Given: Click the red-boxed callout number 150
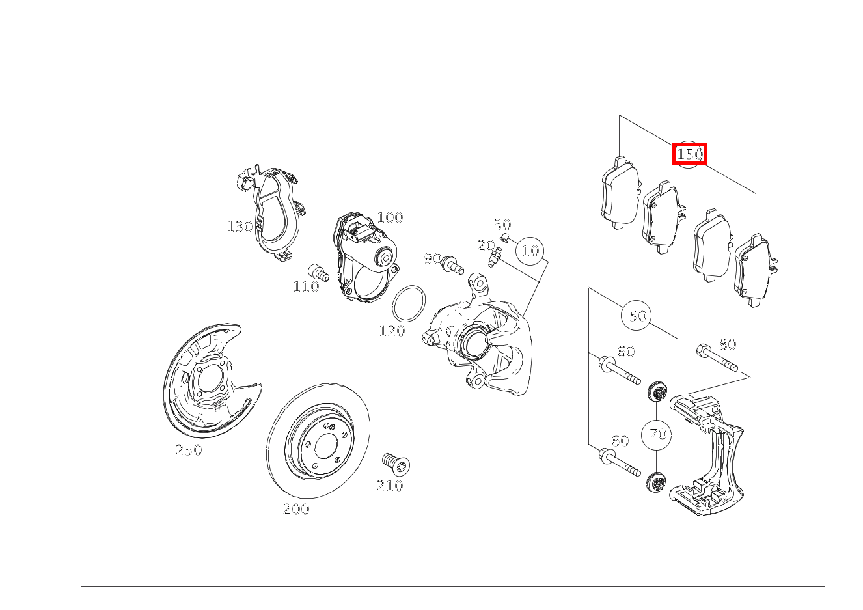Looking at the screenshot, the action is [689, 154].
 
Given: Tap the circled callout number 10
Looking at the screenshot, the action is [530, 251].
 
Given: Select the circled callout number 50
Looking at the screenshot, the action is [637, 315].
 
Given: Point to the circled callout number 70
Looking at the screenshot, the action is [657, 435].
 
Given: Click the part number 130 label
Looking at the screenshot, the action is [240, 227].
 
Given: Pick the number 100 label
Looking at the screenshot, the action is [390, 217].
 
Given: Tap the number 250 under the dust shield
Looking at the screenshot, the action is [188, 450].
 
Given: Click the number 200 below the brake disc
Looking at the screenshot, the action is [296, 509].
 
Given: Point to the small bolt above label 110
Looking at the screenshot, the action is [319, 273].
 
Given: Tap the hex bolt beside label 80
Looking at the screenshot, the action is [717, 357].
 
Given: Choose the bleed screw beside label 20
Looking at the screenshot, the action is [495, 257].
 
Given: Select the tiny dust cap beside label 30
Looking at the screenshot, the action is [505, 238].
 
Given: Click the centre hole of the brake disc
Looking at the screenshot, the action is [326, 446].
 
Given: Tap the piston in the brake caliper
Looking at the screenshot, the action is [475, 342].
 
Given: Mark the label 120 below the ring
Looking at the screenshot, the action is [392, 331].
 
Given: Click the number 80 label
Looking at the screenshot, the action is [728, 344].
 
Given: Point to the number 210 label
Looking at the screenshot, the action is [390, 486].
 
